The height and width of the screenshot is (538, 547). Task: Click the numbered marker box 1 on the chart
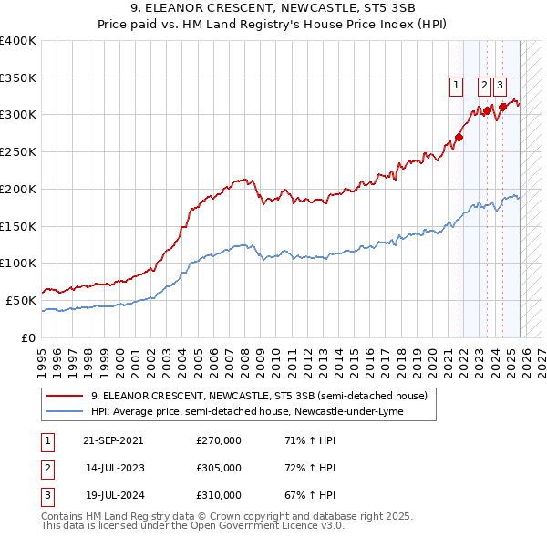(x=455, y=87)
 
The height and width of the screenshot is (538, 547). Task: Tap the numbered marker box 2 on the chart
(x=484, y=87)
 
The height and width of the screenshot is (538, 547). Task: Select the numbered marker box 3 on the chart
(x=501, y=87)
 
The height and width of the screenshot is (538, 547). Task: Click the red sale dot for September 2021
(x=459, y=138)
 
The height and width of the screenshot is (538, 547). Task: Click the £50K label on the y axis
(x=21, y=300)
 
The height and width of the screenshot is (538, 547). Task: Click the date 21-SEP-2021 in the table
(x=113, y=440)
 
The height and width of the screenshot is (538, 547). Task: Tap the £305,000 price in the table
(x=219, y=468)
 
